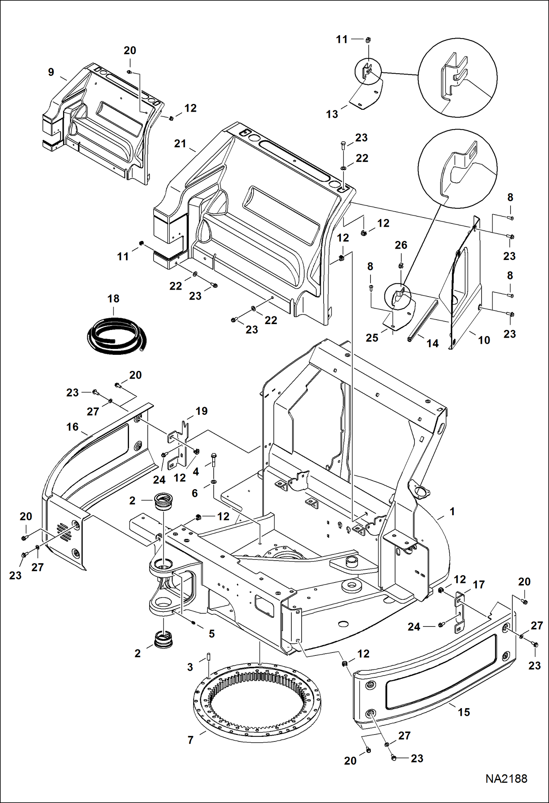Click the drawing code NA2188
click(506, 779)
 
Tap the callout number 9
click(51, 72)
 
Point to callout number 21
click(180, 144)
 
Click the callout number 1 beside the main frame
click(452, 512)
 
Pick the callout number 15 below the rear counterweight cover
click(464, 712)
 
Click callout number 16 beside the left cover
click(73, 427)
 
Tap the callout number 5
click(212, 634)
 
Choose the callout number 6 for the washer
click(195, 493)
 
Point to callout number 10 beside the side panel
click(484, 340)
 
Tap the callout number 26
click(401, 245)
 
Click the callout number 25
click(372, 338)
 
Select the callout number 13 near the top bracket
click(332, 114)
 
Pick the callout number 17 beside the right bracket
click(479, 585)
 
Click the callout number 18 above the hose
click(113, 299)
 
